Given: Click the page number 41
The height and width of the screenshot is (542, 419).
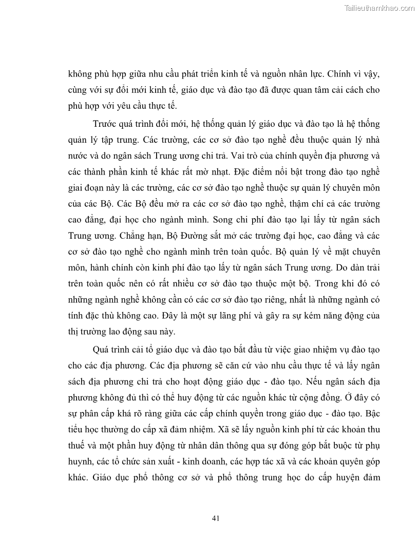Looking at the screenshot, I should [216, 518].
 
